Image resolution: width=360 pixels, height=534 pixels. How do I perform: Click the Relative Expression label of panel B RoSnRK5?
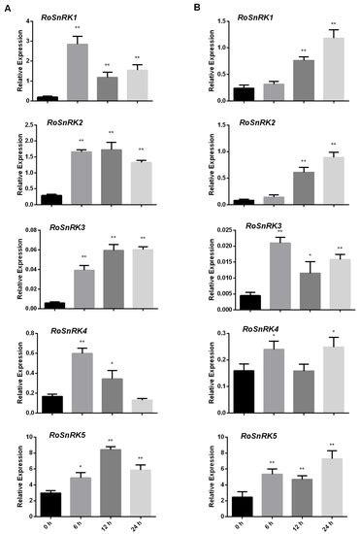click(203, 471)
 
